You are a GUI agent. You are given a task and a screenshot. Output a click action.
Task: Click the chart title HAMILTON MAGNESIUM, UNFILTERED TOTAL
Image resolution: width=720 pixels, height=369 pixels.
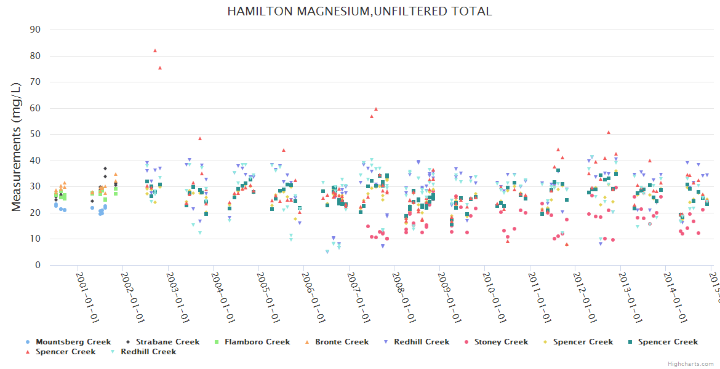pos(359,12)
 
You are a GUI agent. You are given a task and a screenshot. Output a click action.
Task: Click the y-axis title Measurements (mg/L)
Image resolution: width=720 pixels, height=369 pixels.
pos(17,147)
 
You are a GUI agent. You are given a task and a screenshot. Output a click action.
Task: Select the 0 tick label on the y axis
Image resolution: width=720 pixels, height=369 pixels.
pos(38,265)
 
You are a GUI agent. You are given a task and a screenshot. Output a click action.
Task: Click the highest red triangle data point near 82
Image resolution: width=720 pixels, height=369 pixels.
pos(155,50)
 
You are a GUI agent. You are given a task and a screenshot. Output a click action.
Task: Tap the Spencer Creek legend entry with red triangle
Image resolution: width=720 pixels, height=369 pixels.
pos(65,352)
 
